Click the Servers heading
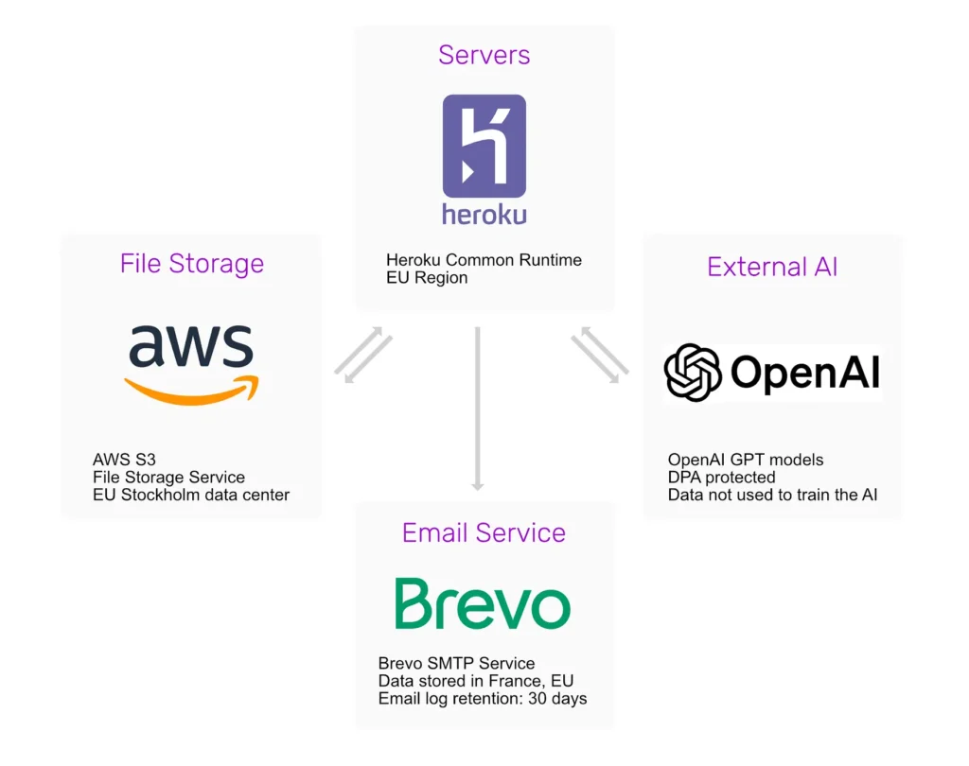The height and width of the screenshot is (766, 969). (x=484, y=55)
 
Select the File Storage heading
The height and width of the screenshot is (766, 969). (x=191, y=264)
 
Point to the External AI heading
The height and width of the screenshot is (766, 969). (x=772, y=267)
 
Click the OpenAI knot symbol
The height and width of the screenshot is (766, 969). (x=693, y=373)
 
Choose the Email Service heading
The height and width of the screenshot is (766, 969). (x=484, y=532)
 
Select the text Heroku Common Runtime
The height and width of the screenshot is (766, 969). (x=484, y=260)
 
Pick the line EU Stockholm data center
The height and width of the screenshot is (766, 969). (x=191, y=495)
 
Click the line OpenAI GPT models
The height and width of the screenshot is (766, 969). (x=746, y=460)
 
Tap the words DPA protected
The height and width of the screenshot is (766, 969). (x=721, y=477)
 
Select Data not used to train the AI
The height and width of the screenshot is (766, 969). (x=772, y=495)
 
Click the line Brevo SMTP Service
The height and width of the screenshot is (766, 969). (x=456, y=663)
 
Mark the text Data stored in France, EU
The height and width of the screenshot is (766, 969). (x=475, y=681)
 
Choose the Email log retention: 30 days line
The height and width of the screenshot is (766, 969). (x=483, y=699)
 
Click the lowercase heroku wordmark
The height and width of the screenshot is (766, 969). (x=484, y=213)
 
